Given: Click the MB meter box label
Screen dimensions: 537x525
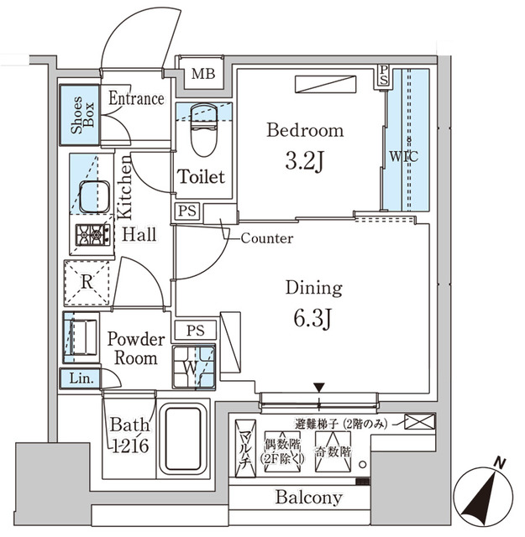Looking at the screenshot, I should [202, 73].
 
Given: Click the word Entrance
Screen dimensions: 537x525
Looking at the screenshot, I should [135, 98].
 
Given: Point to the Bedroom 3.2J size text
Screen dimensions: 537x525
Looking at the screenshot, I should [304, 160].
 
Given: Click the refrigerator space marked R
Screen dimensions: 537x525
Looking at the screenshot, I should [87, 282].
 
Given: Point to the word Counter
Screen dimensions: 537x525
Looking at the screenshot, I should [266, 238].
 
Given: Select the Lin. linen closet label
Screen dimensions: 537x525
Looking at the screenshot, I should [81, 378].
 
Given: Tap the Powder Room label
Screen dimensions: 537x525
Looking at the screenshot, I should [135, 349].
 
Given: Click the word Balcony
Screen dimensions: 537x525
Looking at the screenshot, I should [308, 498].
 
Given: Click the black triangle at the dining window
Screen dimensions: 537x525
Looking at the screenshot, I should [319, 387].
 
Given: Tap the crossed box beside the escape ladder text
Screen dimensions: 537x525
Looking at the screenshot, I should [420, 421].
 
